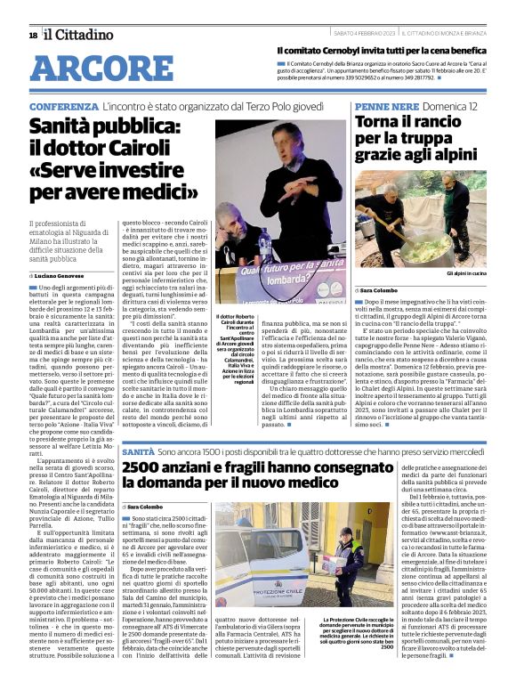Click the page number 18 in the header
point(33,35)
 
